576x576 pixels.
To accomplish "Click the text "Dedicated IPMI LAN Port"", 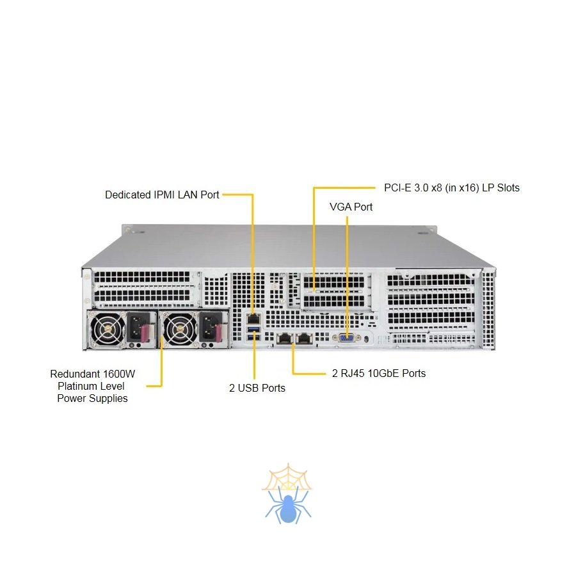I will [x=162, y=195].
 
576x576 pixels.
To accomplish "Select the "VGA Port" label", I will [x=351, y=207].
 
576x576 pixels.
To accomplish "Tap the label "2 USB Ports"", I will [x=257, y=388].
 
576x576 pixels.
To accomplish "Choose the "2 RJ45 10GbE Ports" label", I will [x=379, y=373].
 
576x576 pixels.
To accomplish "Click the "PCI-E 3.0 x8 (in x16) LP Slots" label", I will [x=452, y=188].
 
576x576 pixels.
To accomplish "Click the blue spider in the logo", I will [x=288, y=506].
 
